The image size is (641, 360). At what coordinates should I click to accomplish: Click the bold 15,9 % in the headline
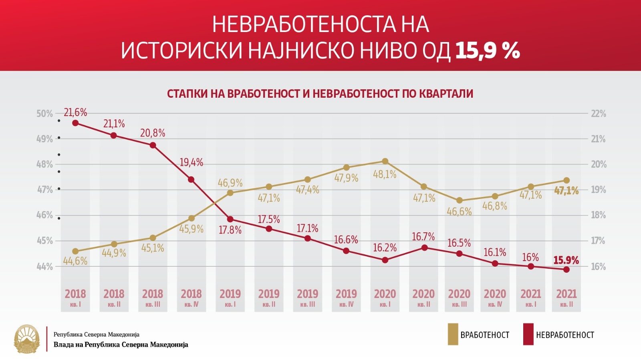pos(488,51)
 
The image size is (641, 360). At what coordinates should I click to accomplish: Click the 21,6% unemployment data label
pos(75,113)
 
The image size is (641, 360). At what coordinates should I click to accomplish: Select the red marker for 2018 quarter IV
pos(191,179)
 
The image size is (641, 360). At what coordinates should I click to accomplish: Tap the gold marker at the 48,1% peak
pos(385,161)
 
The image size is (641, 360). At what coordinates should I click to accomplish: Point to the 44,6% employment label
pos(75,261)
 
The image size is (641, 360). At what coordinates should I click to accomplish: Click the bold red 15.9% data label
pos(566,260)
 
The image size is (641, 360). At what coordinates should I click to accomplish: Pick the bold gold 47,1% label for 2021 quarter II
pos(566,191)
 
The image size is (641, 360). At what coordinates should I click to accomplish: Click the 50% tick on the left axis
pos(44,114)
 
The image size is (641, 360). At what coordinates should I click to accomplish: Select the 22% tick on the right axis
pos(599,114)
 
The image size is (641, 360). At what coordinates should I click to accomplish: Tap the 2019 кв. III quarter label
pos(307,298)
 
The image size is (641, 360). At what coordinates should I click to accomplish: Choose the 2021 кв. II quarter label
pos(566,298)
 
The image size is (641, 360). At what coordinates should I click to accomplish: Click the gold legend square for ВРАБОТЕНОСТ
pos(453,334)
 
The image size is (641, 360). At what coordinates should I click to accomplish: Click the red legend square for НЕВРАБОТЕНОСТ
pos(528,334)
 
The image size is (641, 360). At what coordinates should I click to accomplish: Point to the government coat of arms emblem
pos(27,339)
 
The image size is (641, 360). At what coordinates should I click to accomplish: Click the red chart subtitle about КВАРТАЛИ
pos(320,94)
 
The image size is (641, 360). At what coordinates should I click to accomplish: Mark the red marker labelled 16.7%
pos(424,247)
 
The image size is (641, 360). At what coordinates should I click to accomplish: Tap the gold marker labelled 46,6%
pos(460,200)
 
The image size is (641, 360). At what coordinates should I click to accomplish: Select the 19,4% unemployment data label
pos(191,163)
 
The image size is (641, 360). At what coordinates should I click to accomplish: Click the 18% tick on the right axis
pos(599,215)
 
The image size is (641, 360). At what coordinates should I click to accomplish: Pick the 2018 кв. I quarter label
pos(75,298)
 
